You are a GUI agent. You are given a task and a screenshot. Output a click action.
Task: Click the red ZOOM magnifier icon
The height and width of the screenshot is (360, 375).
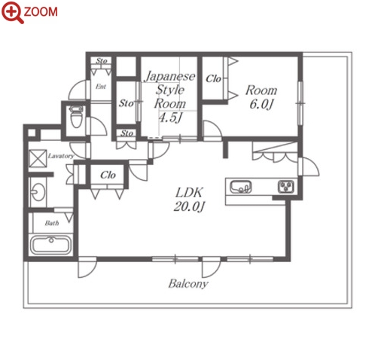pos(12,12)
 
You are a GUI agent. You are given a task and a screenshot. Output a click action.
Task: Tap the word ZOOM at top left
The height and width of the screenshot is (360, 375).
pos(41,12)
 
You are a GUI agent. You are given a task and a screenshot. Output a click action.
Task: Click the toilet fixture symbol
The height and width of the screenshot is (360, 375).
pos(76,117)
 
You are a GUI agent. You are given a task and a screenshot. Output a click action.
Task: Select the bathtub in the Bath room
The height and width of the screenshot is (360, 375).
pos(50,245)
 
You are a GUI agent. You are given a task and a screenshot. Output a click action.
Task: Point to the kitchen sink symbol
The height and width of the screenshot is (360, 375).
pos(241,187)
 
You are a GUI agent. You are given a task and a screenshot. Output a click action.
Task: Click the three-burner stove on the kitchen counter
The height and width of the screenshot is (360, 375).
pos(285,187)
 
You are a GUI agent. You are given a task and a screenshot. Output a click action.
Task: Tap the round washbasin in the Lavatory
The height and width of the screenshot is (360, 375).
pos(38,192)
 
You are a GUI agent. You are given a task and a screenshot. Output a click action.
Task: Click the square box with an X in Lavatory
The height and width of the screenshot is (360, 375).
pos(38,158)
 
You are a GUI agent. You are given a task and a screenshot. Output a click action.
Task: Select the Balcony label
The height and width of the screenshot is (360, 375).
pos(188,284)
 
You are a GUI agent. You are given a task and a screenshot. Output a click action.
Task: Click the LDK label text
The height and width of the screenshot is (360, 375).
pos(189,193)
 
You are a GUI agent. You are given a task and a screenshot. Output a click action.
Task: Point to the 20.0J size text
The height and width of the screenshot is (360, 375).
pos(189,207)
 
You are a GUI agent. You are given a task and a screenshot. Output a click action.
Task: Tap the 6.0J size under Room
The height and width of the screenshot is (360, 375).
pos(261,104)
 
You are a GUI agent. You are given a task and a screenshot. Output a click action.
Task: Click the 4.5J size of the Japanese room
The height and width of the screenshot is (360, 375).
pos(170,117)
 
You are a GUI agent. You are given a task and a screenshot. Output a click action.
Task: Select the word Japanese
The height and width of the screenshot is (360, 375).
pos(170,76)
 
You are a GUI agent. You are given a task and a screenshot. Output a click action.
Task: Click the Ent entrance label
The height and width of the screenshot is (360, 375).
pos(101,87)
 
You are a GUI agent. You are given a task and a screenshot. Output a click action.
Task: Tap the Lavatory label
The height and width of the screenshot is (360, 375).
pos(61,156)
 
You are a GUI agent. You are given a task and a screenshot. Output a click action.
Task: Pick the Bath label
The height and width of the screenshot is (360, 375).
pos(52,223)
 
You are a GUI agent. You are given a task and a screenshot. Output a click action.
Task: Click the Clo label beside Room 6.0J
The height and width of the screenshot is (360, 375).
pos(213,79)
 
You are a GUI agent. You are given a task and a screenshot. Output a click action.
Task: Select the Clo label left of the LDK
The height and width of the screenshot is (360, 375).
pos(108,175)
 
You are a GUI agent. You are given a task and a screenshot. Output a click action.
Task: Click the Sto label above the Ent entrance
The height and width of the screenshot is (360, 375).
pos(102,61)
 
